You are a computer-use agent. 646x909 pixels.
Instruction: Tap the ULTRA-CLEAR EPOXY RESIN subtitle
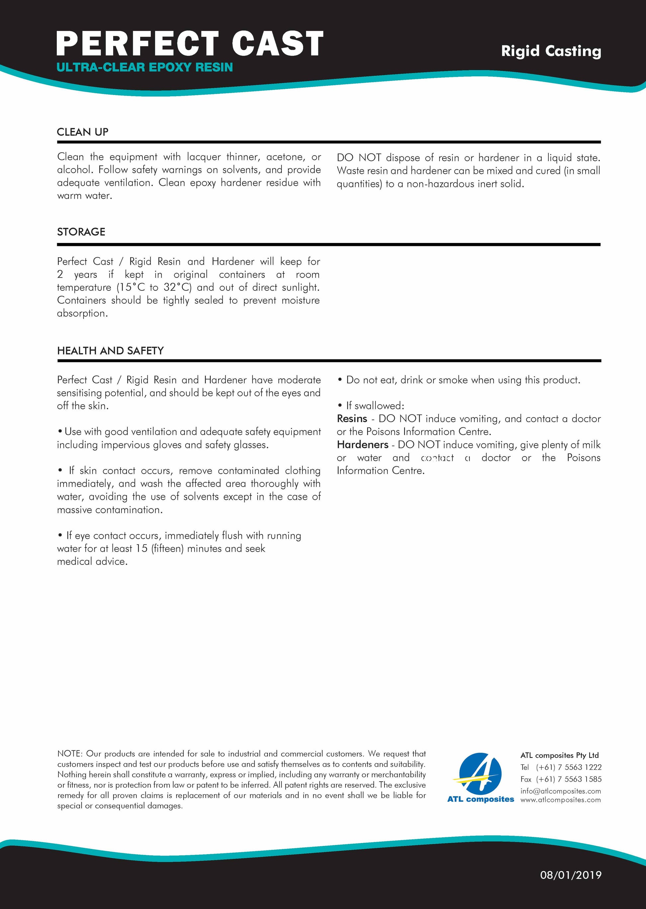144,67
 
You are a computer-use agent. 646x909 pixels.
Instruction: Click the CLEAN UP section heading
83,132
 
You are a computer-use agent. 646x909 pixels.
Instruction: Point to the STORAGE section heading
81,232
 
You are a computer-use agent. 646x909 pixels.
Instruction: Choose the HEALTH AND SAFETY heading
110,350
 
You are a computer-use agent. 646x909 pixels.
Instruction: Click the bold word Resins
352,419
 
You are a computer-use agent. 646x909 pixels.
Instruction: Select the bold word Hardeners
363,445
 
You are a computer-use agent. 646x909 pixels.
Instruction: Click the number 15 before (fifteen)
142,548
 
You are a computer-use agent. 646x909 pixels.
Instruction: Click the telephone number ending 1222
568,767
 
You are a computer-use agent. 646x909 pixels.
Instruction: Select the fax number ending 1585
568,779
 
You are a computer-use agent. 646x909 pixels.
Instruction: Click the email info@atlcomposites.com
560,791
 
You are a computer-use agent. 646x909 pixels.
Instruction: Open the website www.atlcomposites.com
560,800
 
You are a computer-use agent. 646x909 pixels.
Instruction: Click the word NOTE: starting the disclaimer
70,754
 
